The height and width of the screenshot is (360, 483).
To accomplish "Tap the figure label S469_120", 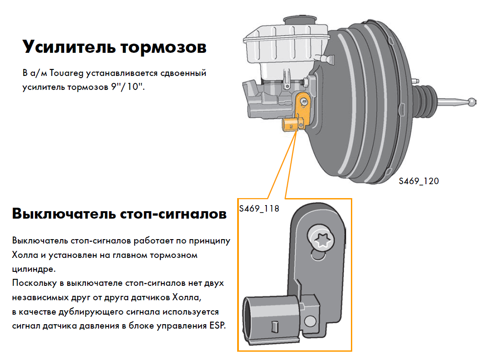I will click(418, 181).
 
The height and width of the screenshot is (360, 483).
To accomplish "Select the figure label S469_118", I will click(259, 208).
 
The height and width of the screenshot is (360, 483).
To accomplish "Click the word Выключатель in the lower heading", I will click(64, 214).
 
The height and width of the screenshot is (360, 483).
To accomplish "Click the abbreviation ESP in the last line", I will click(215, 326).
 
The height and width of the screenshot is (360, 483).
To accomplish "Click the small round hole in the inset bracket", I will click(310, 322).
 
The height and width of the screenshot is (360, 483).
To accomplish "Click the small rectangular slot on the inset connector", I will click(274, 326).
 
